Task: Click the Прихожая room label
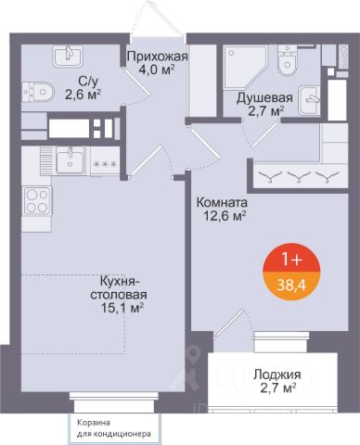[158, 57]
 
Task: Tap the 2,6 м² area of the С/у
[84, 95]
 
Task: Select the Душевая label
[264, 97]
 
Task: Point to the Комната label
[222, 203]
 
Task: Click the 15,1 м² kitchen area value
[122, 308]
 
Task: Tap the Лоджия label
[277, 375]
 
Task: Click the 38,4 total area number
[291, 286]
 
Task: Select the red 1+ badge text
[291, 261]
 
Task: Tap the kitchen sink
[71, 159]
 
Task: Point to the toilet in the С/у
[38, 92]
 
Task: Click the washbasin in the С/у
[68, 56]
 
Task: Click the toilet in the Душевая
[289, 60]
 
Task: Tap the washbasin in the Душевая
[309, 100]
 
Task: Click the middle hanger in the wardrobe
[299, 177]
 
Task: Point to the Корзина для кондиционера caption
[114, 428]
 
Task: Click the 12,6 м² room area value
[225, 216]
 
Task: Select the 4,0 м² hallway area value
[157, 70]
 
